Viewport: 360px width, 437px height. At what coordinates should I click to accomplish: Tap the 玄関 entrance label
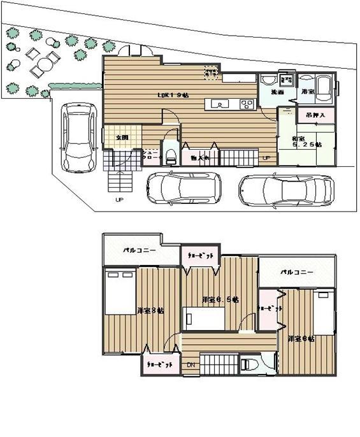tap(122, 137)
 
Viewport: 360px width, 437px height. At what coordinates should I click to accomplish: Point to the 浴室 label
tap(308, 92)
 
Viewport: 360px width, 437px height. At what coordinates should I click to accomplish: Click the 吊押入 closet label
tap(315, 116)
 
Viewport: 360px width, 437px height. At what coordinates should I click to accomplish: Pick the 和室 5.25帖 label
tap(306, 141)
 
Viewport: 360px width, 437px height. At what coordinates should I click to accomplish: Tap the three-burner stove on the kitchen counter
tap(247, 104)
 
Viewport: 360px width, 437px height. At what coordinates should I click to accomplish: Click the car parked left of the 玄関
tap(76, 138)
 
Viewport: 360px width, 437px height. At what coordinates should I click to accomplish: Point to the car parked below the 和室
tap(287, 189)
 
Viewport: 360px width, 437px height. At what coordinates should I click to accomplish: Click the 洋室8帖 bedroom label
tap(150, 310)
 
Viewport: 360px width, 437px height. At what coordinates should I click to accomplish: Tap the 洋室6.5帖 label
tap(220, 299)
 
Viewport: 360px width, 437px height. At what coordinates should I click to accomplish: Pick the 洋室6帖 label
tap(300, 338)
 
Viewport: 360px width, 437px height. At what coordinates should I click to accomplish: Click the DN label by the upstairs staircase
tap(191, 365)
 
